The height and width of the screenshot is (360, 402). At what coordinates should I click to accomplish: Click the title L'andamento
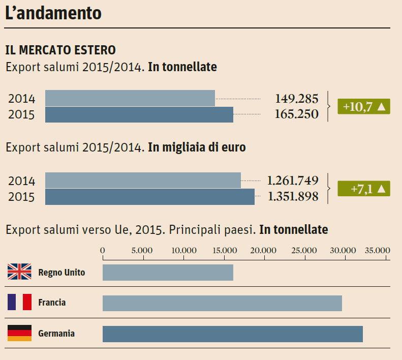53,13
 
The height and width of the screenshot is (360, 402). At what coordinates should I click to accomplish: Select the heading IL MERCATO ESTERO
60,50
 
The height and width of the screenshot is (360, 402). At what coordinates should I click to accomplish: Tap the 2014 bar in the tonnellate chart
130,98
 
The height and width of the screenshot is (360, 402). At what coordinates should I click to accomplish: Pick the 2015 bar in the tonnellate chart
139,114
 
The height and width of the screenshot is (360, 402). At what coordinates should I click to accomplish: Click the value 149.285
297,98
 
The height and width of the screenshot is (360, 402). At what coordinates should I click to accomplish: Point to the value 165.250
297,114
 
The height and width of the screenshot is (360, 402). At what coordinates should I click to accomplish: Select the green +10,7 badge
364,107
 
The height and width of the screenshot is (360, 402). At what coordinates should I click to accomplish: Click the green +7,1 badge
364,189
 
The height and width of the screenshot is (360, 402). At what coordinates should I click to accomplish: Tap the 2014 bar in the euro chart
143,181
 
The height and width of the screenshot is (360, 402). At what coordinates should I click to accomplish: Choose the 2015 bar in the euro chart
150,197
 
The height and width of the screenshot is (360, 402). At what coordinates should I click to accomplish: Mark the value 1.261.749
293,181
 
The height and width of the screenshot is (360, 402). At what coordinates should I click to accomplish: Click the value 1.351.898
293,197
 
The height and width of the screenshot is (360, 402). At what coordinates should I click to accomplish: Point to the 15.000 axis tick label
224,250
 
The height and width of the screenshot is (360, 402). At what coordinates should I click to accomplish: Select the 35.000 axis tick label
377,250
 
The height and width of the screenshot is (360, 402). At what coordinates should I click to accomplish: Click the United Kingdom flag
19,273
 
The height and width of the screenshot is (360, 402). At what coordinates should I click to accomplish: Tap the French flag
19,303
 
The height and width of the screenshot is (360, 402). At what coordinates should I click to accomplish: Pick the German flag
19,334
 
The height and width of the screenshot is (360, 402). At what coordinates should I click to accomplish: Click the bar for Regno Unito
168,273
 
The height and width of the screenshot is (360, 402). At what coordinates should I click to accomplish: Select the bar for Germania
232,334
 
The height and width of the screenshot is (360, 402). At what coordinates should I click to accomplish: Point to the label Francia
52,303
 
